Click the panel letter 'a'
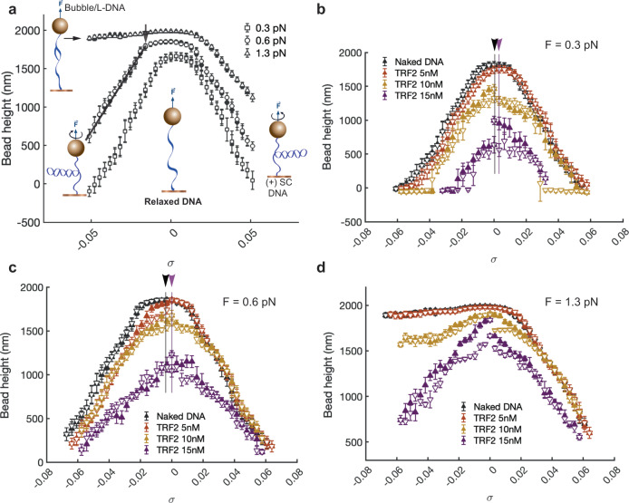[13, 9]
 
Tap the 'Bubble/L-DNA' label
[94, 7]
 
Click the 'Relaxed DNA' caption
[173, 201]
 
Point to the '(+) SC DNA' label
[278, 188]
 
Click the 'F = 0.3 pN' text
[571, 44]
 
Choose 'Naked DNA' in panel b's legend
[420, 62]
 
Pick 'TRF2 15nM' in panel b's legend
[419, 95]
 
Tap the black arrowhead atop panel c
[165, 280]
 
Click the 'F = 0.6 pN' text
[249, 302]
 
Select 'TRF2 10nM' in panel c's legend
[180, 439]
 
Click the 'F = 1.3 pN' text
[571, 302]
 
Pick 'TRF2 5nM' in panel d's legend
[495, 418]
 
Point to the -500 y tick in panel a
[29, 223]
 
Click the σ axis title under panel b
[493, 259]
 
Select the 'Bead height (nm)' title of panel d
[327, 373]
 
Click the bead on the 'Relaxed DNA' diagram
[172, 117]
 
